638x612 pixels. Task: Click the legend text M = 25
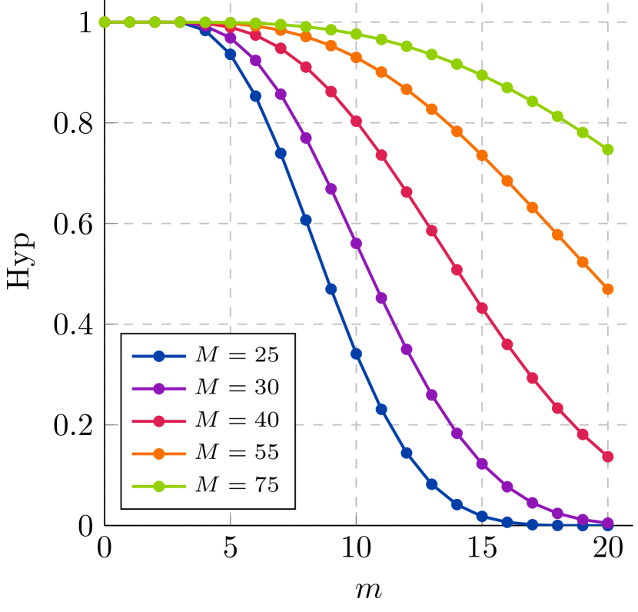click(237, 355)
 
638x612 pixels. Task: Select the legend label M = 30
click(237, 388)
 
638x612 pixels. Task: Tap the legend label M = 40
click(237, 421)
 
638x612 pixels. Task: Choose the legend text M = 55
click(237, 454)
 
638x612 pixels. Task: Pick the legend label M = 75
click(237, 486)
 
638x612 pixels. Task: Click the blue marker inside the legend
click(159, 356)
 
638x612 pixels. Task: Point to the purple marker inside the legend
click(159, 389)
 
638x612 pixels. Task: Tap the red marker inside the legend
click(159, 421)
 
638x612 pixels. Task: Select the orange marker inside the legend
click(159, 454)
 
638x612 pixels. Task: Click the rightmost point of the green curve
click(607, 150)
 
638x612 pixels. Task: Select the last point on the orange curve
click(607, 289)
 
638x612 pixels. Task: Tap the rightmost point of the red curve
click(607, 457)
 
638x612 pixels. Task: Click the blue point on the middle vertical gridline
click(356, 354)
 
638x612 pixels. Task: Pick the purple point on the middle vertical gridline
click(356, 244)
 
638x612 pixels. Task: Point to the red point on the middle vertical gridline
click(356, 121)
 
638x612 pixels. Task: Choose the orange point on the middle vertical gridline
click(356, 58)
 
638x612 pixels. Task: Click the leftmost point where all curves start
click(105, 22)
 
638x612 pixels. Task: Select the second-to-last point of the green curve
click(583, 132)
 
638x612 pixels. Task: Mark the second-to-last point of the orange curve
click(583, 262)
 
